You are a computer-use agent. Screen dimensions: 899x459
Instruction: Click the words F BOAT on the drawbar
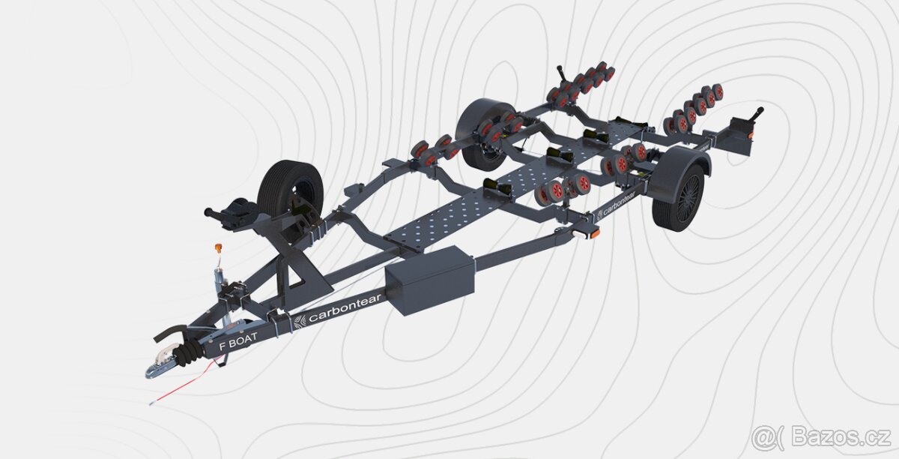coord(238,340)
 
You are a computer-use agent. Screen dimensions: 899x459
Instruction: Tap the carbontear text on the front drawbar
coord(345,308)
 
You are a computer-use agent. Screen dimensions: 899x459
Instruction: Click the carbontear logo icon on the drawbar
coord(300,322)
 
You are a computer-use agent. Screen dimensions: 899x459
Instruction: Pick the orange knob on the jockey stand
coord(219,247)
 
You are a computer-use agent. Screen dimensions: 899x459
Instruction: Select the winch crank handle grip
coord(211,212)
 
